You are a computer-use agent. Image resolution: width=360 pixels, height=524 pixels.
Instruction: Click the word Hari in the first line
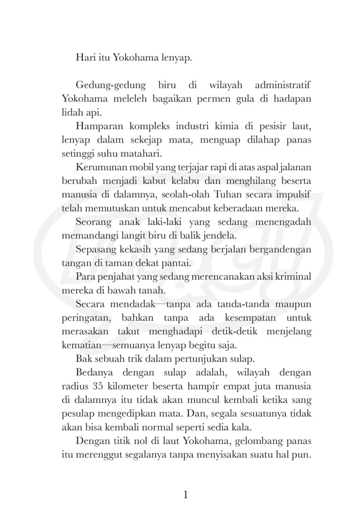pyautogui.click(x=84, y=59)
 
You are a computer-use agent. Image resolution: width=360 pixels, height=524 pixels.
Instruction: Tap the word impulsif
pyautogui.click(x=294, y=194)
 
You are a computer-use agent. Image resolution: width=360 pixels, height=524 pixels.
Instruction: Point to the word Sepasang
pyautogui.click(x=95, y=249)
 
